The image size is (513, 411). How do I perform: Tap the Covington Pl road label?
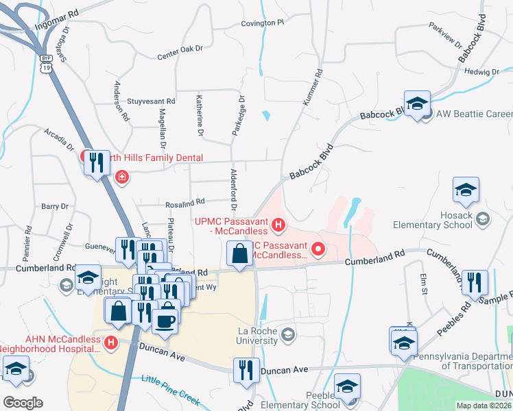[262, 23]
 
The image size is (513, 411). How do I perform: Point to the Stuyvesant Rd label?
[156, 101]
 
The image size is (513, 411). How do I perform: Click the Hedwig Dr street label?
[482, 71]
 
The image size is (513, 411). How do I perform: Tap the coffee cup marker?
[165, 319]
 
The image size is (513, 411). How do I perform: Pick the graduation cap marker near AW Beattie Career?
[416, 103]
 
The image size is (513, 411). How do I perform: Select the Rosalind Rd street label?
[185, 203]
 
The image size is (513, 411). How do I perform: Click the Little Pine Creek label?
[169, 387]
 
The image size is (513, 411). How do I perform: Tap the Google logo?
[23, 403]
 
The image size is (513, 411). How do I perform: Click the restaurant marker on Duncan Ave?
[246, 370]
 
